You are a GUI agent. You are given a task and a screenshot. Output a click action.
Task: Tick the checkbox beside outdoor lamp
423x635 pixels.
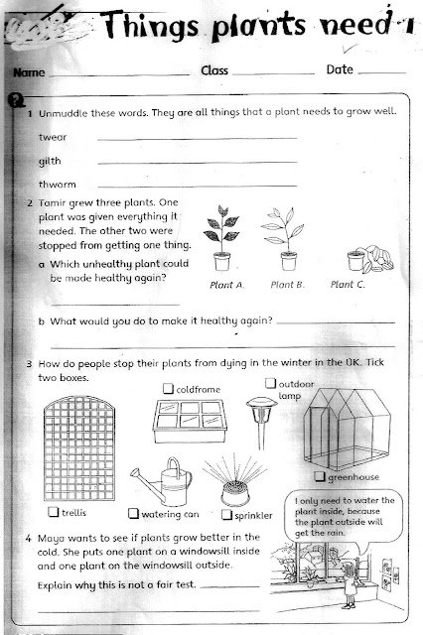[x=270, y=382]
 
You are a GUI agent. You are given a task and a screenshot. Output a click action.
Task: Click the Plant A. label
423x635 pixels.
[x=224, y=285]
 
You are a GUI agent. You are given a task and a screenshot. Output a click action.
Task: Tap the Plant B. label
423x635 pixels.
[x=285, y=285]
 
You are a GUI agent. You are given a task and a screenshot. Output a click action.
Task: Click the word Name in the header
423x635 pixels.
[x=27, y=73]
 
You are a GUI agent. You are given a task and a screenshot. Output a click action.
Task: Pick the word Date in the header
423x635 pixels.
[x=340, y=70]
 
